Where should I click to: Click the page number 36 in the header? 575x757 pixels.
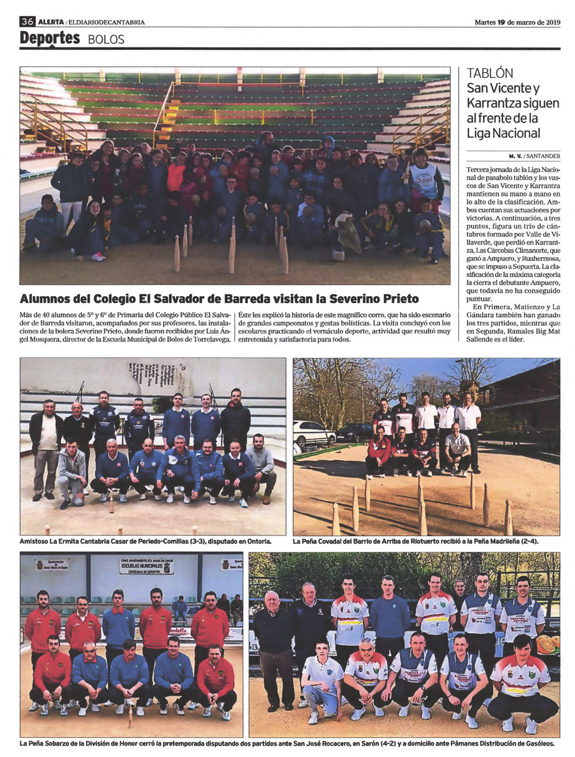27,22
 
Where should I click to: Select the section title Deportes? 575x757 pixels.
50,38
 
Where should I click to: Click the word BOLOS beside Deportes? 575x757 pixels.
106,40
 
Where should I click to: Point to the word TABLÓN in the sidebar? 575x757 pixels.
490,73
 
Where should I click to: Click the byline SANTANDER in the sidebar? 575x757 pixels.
542,156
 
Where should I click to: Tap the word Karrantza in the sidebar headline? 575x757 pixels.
491,103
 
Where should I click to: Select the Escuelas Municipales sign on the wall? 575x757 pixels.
146,566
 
